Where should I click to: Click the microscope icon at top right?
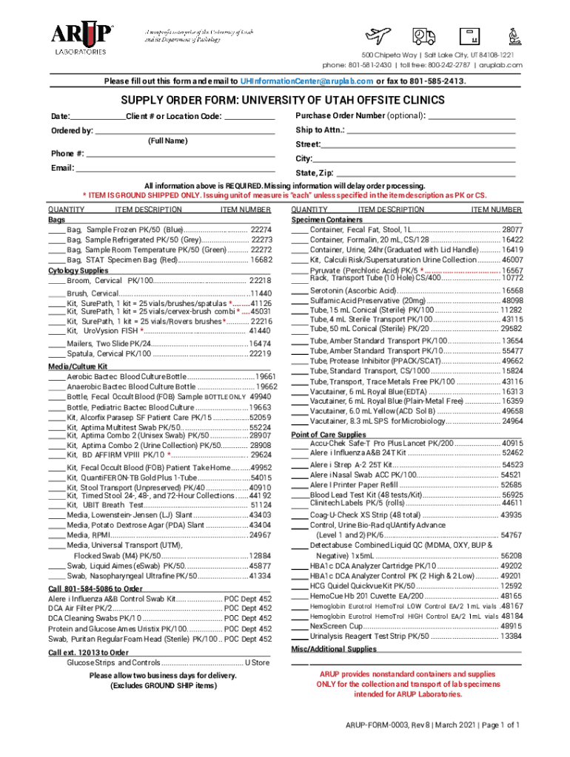(x=512, y=35)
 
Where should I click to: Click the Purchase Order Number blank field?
(x=471, y=116)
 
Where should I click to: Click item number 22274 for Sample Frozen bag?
(x=261, y=230)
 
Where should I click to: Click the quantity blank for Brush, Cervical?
(x=56, y=293)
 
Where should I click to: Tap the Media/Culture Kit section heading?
(x=78, y=366)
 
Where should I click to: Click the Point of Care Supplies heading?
(x=329, y=435)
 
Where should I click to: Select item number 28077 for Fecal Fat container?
(x=512, y=230)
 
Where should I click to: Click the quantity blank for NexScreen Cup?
(x=299, y=625)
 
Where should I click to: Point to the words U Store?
(x=258, y=662)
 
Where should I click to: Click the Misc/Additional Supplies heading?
(x=334, y=649)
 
